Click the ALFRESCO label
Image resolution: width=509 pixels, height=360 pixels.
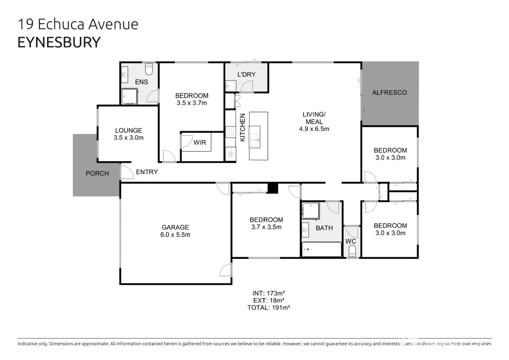(389, 93)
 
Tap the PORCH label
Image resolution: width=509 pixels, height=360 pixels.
(97, 173)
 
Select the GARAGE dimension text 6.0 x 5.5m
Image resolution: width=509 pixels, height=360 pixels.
(175, 235)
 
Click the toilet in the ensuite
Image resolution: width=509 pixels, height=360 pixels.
(149, 69)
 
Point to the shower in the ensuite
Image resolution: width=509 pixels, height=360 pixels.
(129, 97)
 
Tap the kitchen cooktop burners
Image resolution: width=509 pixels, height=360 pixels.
(230, 132)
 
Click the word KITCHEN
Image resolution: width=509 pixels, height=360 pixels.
(243, 127)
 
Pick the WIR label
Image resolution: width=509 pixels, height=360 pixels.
(200, 142)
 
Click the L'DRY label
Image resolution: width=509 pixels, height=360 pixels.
(246, 74)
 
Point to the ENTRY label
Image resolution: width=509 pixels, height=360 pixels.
(147, 172)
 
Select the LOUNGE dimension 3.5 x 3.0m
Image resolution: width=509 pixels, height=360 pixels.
(128, 138)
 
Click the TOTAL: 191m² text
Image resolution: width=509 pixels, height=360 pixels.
(268, 308)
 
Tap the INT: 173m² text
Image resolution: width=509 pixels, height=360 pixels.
(268, 293)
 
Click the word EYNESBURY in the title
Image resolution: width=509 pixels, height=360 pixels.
(59, 42)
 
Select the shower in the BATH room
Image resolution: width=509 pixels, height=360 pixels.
(310, 211)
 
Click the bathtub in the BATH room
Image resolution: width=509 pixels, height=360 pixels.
(321, 249)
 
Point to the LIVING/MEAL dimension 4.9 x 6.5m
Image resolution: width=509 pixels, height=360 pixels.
(314, 129)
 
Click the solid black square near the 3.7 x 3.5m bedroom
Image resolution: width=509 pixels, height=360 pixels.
(273, 188)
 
